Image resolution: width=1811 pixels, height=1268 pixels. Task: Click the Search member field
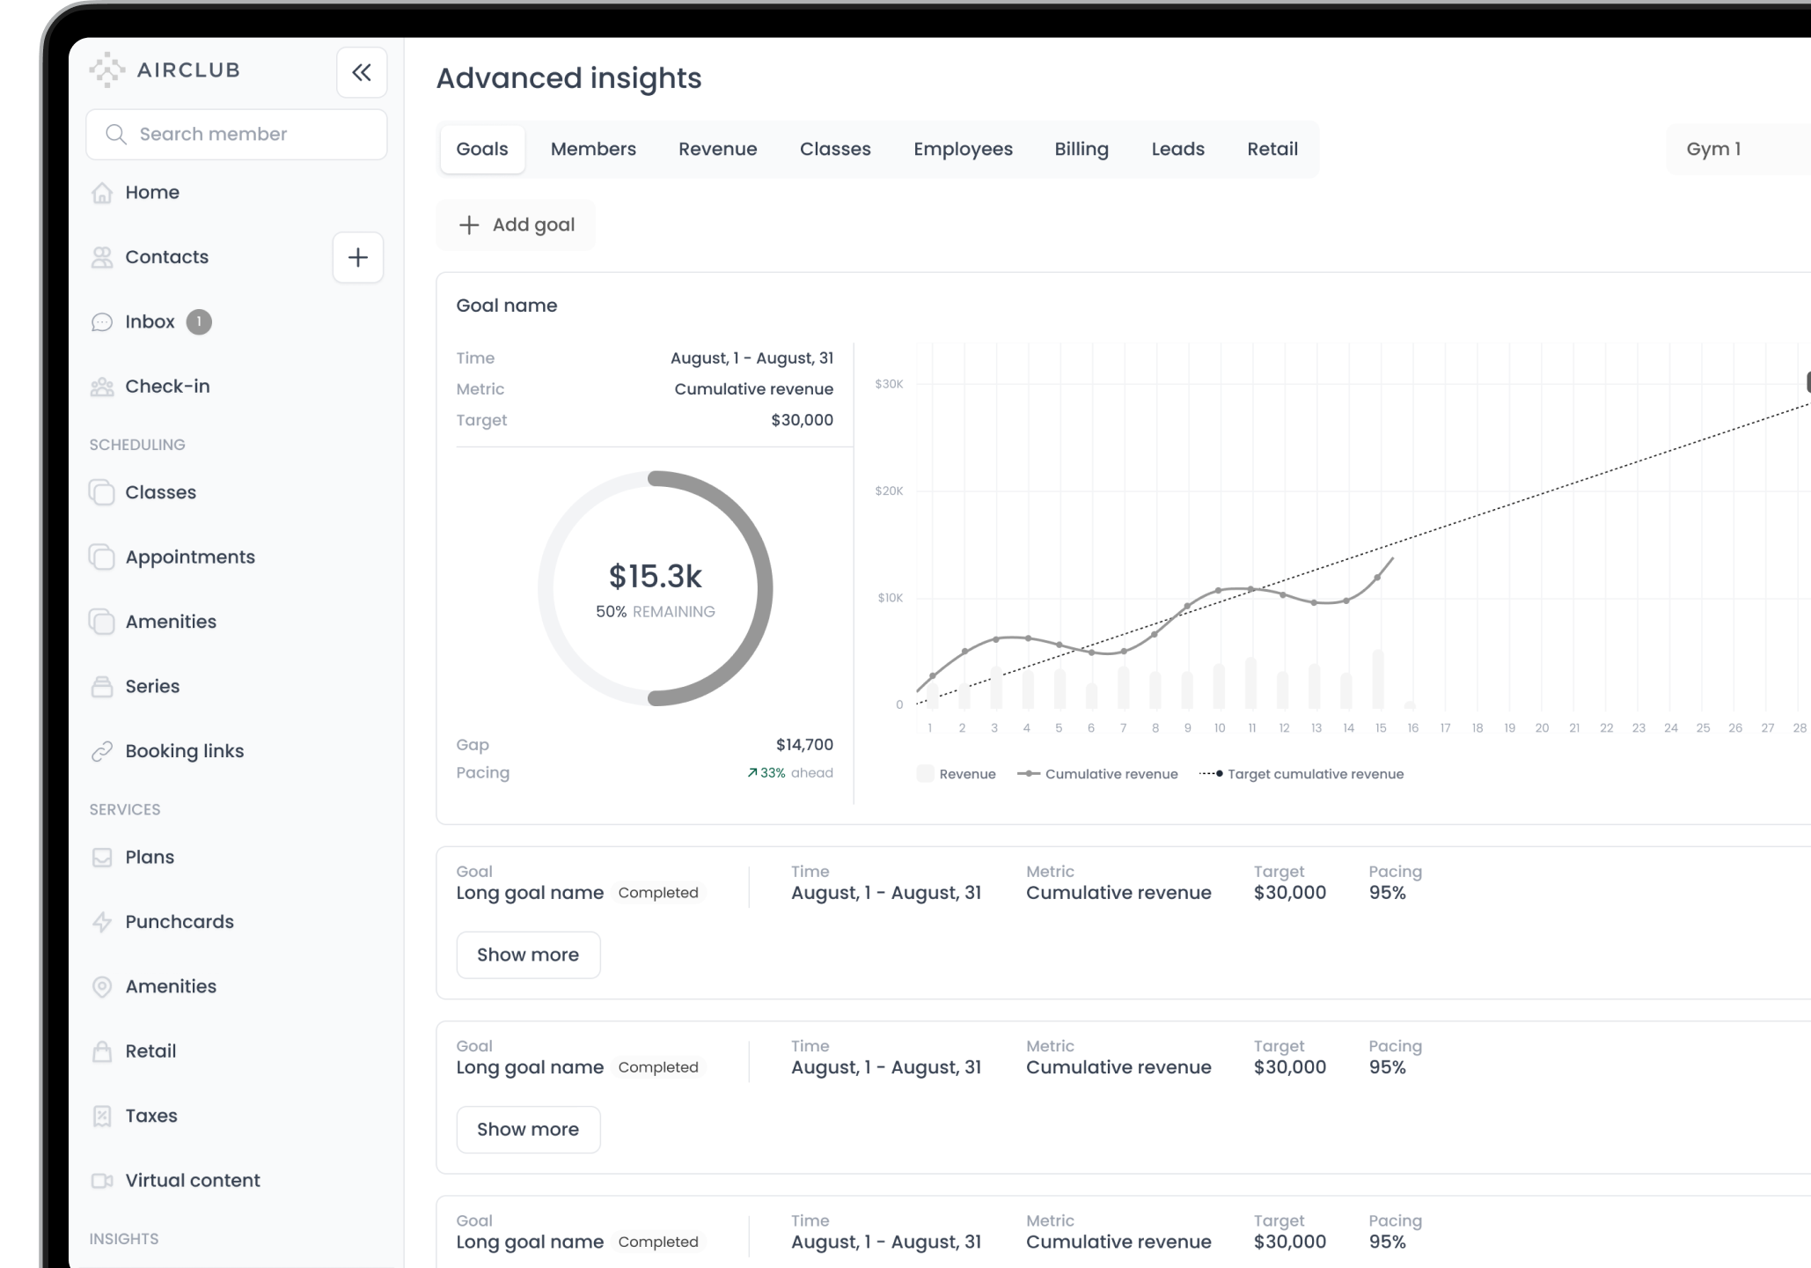pyautogui.click(x=236, y=134)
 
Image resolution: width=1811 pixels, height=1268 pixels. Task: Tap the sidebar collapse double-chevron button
pyautogui.click(x=362, y=72)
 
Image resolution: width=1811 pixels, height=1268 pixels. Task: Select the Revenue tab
pyautogui.click(x=717, y=149)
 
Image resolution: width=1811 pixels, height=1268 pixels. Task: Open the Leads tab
pyautogui.click(x=1177, y=149)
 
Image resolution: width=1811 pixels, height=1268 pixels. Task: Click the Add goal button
pyautogui.click(x=517, y=225)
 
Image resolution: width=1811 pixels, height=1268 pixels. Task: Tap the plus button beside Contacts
pyautogui.click(x=358, y=257)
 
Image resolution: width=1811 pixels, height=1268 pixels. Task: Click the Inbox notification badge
pyautogui.click(x=199, y=322)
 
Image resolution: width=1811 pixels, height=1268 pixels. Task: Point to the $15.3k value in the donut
pyautogui.click(x=656, y=576)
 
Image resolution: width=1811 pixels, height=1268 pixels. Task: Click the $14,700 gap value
pyautogui.click(x=804, y=745)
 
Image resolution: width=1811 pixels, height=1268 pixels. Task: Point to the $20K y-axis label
pyautogui.click(x=889, y=491)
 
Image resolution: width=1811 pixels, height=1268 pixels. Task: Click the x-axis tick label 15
pyautogui.click(x=1381, y=728)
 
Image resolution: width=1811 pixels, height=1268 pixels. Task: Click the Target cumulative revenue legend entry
pyautogui.click(x=1301, y=774)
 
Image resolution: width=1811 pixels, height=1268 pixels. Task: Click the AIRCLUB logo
pyautogui.click(x=165, y=70)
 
